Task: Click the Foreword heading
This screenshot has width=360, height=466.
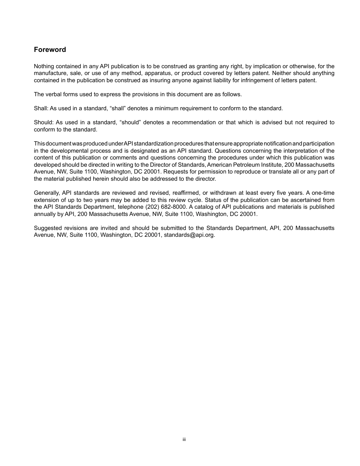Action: pyautogui.click(x=50, y=50)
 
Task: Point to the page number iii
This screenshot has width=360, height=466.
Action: pyautogui.click(x=184, y=439)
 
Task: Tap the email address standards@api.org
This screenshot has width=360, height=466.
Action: pyautogui.click(x=189, y=235)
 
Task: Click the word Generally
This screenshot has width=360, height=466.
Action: pyautogui.click(x=47, y=193)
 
